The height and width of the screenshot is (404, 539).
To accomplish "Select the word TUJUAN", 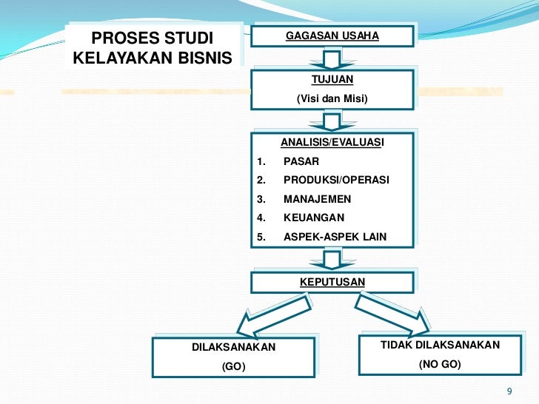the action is tap(332, 78).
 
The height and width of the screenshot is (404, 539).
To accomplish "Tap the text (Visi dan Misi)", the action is tap(332, 99).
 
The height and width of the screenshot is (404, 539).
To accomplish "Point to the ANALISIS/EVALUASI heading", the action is tap(332, 141).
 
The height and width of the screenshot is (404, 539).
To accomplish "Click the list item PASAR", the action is tap(302, 161).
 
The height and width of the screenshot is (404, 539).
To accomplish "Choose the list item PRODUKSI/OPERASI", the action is tap(336, 180).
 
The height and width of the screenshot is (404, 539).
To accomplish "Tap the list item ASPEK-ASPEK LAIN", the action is tap(335, 238).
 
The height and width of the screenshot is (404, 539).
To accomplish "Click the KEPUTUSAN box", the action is tap(332, 282).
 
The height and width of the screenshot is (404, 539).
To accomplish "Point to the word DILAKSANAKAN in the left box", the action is tap(233, 347).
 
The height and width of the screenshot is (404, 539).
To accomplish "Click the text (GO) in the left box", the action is tap(234, 366).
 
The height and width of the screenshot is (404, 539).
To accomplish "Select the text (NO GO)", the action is tap(440, 365).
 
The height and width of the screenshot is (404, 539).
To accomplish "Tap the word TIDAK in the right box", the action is tap(396, 346).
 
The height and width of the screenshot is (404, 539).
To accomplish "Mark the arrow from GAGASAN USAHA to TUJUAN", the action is tap(332, 59).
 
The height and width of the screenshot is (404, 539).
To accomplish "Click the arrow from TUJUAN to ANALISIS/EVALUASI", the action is tap(332, 120).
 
